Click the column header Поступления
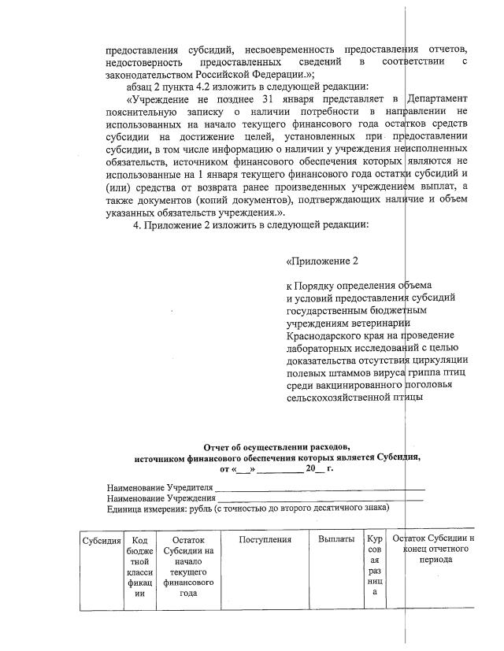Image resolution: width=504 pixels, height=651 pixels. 265,540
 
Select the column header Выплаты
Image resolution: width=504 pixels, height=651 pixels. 336,540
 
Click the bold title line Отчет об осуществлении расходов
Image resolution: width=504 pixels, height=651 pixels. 276,446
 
